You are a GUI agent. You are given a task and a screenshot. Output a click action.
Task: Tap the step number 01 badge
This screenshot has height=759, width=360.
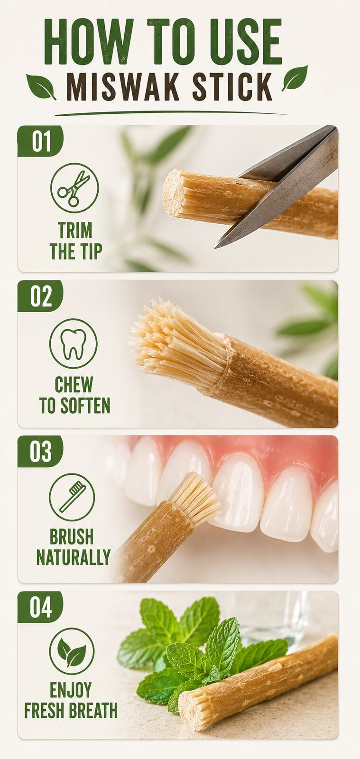(41, 141)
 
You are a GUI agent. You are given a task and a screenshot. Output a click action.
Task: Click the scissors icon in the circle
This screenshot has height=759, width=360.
(74, 188)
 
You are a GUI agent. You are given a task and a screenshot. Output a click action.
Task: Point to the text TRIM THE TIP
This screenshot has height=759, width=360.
(76, 241)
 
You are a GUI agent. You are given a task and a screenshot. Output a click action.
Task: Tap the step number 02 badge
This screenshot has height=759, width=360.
(41, 296)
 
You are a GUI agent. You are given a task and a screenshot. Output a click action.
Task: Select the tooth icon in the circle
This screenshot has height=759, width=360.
(74, 343)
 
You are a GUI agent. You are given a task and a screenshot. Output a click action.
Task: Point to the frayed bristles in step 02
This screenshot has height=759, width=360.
(178, 342)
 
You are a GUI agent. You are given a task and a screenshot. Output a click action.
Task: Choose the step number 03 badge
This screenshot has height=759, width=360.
(40, 451)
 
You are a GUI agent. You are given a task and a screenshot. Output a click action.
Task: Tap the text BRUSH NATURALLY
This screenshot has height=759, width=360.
(73, 546)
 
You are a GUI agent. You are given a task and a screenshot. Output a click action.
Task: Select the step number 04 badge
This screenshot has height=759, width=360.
(40, 607)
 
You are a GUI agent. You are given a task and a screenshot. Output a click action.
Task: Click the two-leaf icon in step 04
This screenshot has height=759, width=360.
(72, 652)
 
